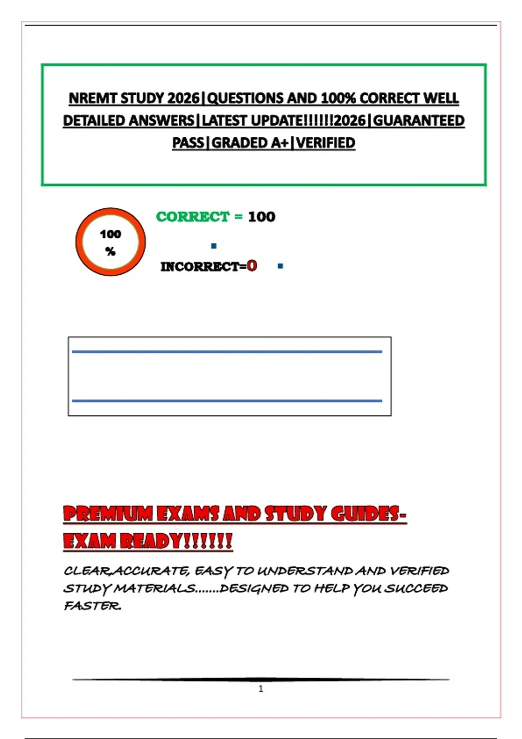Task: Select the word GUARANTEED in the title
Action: [419, 120]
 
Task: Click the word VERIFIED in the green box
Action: [326, 143]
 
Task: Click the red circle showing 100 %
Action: [110, 242]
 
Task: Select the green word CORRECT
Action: [193, 216]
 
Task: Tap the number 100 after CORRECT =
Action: [261, 216]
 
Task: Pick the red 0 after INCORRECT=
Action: [252, 266]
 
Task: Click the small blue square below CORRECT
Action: [214, 246]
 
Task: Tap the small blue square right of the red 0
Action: [280, 266]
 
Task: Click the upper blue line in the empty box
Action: [227, 352]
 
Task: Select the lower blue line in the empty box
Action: [227, 401]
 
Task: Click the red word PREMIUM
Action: [108, 514]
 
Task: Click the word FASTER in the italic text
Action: [92, 606]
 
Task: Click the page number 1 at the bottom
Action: [261, 689]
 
